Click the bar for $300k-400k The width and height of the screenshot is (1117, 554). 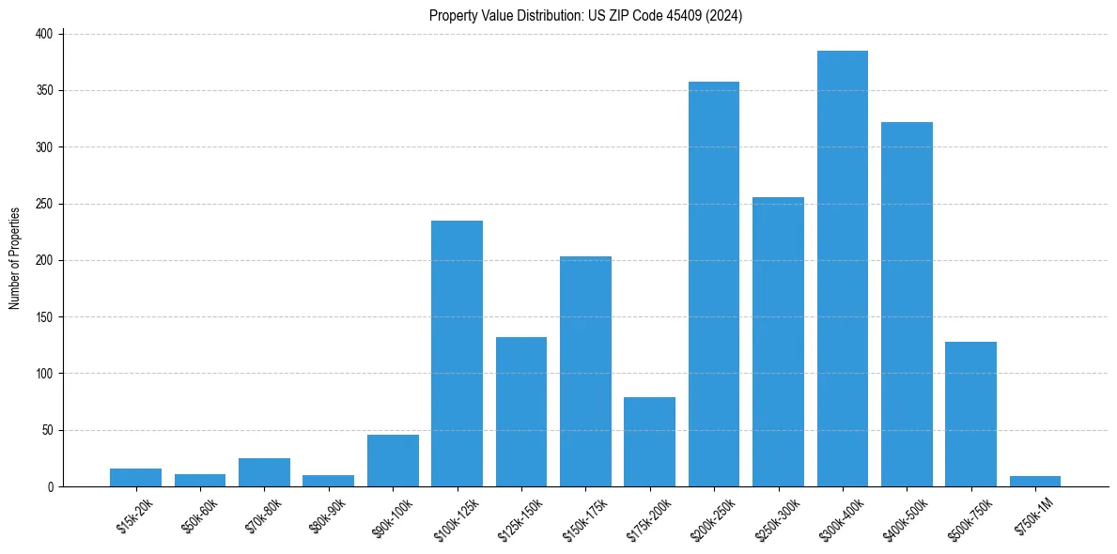(x=843, y=269)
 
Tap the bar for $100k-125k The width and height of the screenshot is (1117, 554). (x=457, y=354)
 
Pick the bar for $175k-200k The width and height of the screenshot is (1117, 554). (x=649, y=442)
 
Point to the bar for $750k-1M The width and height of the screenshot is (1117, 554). (x=1035, y=482)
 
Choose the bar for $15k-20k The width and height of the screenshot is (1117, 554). (x=135, y=478)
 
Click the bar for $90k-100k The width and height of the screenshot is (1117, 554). (x=393, y=461)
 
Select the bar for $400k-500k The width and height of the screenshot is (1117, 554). (x=907, y=304)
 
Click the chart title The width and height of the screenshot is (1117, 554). (x=586, y=15)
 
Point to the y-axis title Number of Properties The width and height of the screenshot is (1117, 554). (x=15, y=259)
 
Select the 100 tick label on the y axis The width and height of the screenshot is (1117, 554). (x=47, y=374)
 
